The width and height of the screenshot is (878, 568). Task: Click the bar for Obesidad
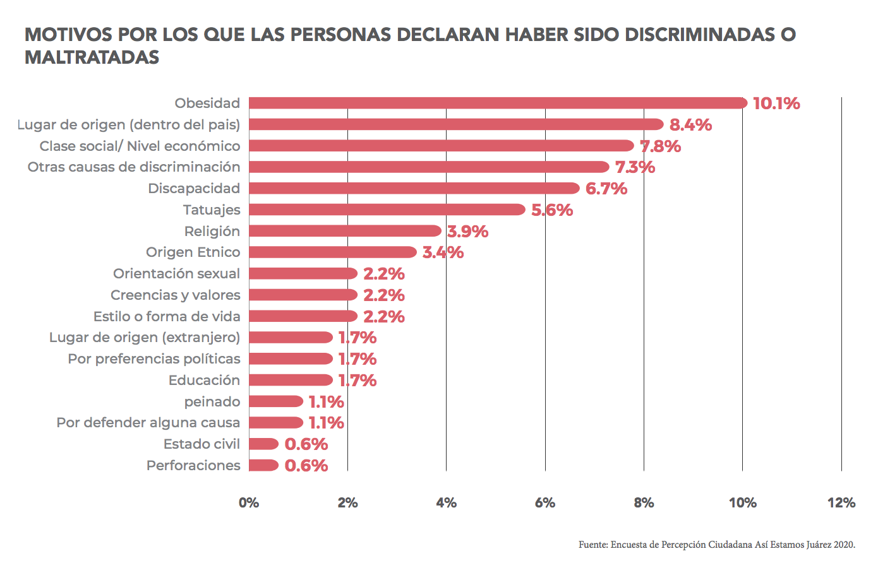coord(498,103)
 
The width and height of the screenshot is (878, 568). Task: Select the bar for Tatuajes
coord(387,210)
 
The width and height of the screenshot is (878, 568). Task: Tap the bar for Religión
coord(345,231)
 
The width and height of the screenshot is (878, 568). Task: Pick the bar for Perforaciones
coord(263,465)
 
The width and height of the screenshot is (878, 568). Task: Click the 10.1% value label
coord(776,104)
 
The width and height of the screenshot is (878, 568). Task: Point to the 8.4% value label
coord(690,125)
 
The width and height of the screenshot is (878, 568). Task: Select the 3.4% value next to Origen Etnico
coord(443,252)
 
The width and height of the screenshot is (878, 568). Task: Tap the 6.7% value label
coord(606,189)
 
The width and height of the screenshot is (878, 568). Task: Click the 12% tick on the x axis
coord(841,503)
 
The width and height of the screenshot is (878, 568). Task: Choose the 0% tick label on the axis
coord(249,503)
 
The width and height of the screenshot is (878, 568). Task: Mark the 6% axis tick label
coord(544,503)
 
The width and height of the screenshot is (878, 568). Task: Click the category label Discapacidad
coord(194,188)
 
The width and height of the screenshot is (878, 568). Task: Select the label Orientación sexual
coord(176,273)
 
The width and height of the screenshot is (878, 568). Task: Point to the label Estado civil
coord(201,444)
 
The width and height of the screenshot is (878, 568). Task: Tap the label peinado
coord(212,401)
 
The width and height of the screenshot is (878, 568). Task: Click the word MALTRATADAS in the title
coord(92,57)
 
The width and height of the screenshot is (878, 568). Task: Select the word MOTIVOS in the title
coord(68,34)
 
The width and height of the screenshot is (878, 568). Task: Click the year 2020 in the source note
coord(844,545)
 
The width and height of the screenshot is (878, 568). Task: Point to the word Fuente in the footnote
coord(592,545)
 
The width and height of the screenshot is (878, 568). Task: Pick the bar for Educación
coord(291,380)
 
